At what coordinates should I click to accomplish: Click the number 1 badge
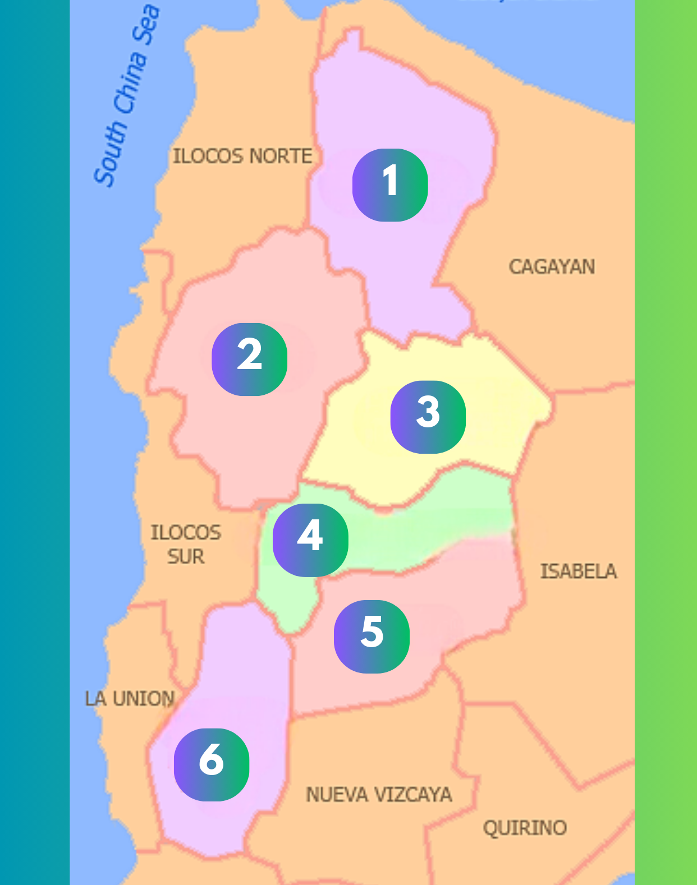point(390,185)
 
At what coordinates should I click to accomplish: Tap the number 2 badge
point(249,359)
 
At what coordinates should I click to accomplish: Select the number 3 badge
point(428,417)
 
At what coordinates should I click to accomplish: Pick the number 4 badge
point(310,540)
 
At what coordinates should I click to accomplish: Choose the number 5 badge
point(372,637)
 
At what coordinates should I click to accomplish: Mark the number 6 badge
point(212,764)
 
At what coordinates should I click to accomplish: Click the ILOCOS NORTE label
point(242,156)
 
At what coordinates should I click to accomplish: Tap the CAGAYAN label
point(552,267)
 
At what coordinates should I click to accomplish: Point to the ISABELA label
point(579,571)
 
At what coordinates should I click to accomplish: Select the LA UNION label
point(130,699)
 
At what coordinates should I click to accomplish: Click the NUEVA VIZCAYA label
point(379,795)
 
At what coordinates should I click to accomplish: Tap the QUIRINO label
point(525,828)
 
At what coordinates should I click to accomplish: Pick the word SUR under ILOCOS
point(186,557)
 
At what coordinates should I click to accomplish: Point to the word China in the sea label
point(130,83)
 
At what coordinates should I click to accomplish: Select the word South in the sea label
point(111,153)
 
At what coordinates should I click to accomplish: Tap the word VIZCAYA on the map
point(413,795)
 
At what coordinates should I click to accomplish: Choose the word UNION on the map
point(144,699)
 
